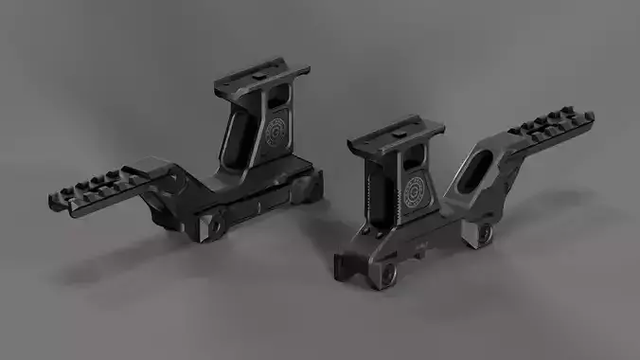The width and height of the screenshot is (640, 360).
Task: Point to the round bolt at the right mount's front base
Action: tap(386, 274)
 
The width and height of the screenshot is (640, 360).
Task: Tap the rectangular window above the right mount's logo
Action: tap(416, 162)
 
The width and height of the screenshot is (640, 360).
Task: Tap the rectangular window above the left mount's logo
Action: tap(279, 97)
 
